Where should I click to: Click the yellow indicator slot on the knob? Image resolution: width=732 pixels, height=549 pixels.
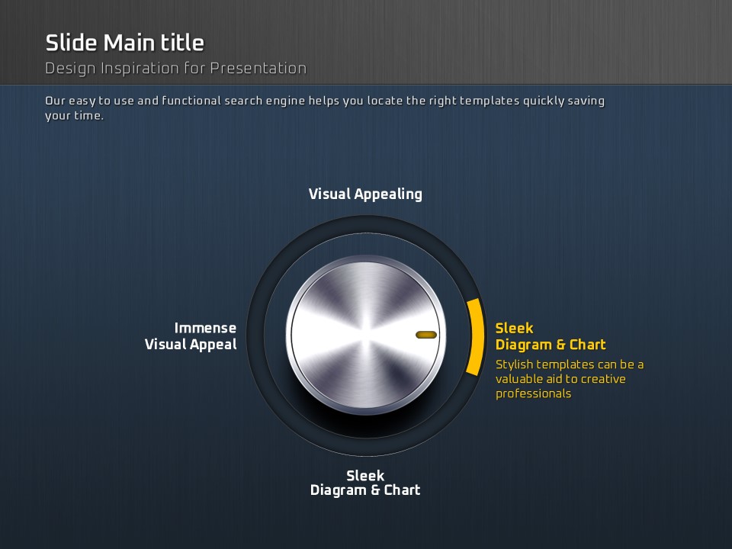426,335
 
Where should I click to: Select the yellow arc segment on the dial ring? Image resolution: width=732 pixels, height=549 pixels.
475,336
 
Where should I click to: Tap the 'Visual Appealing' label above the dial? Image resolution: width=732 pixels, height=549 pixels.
365,194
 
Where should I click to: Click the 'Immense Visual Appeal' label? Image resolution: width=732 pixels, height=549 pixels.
191,336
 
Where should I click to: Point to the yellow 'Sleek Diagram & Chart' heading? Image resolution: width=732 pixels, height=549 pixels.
551,336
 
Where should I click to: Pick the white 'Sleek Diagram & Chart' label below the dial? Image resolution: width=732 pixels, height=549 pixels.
365,483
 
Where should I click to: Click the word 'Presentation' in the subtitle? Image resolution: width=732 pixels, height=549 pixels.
258,69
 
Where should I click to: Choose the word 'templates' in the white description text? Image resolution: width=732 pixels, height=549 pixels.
490,101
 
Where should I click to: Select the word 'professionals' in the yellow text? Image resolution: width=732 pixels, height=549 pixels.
534,394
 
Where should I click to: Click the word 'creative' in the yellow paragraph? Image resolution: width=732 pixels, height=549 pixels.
603,379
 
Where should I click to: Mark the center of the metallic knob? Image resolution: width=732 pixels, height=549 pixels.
366,335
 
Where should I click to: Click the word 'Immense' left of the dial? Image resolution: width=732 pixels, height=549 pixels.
205,328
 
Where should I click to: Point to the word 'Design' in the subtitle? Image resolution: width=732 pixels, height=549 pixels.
72,69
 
